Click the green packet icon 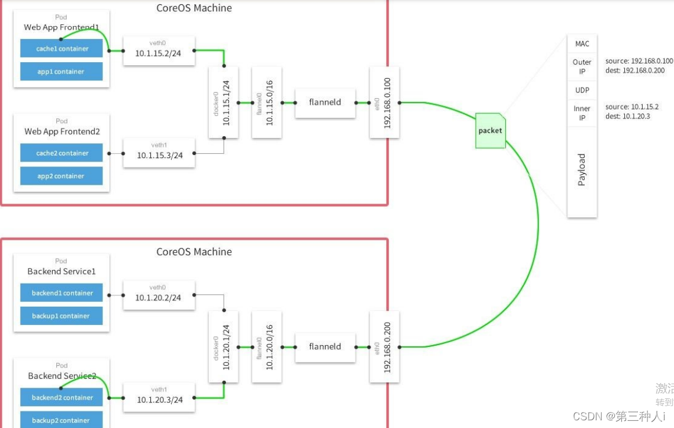click(491, 130)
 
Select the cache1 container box click(62, 49)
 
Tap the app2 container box click(62, 176)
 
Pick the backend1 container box click(62, 293)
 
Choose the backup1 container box click(62, 316)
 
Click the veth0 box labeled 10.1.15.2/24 click(158, 51)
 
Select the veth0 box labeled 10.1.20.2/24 click(158, 294)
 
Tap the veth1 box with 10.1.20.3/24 click(158, 396)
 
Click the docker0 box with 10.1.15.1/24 click(224, 102)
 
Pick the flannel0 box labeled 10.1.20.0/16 click(266, 346)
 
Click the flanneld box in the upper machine click(325, 102)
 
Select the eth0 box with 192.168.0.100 click(385, 102)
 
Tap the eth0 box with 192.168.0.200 click(385, 346)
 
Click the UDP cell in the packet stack click(582, 90)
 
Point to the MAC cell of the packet click(582, 44)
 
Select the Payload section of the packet click(582, 170)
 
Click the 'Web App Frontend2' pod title click(61, 131)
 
